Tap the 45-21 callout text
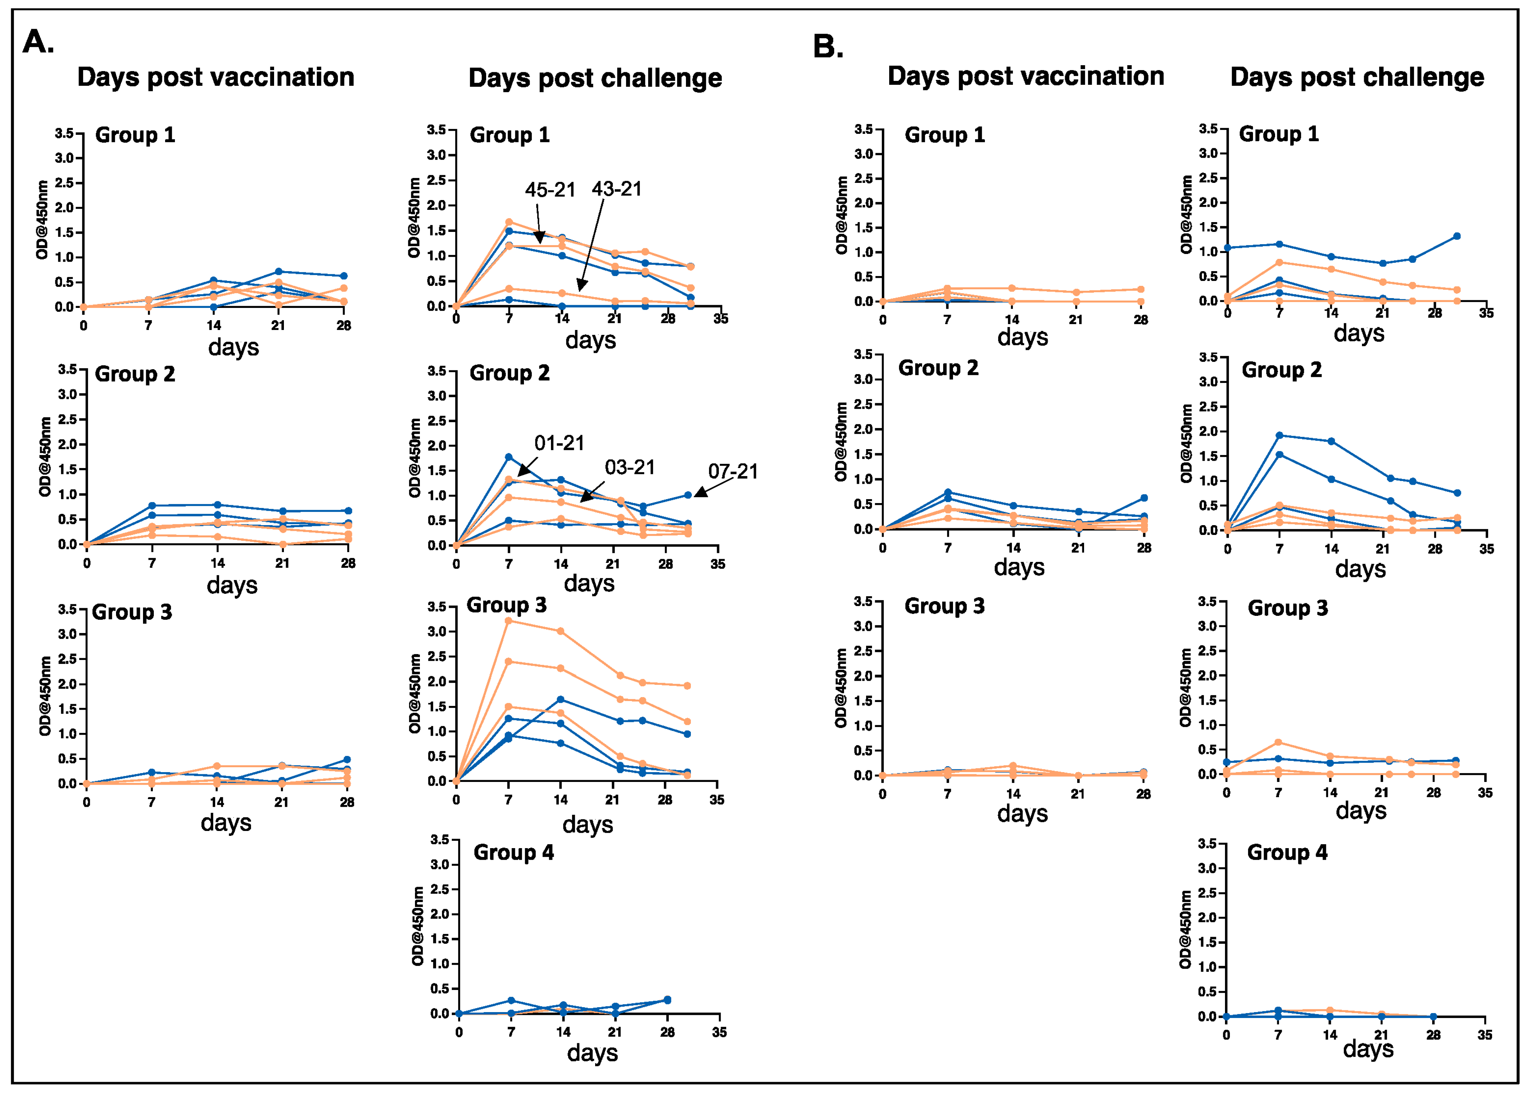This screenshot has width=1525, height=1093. [x=550, y=190]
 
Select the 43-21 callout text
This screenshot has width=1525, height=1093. [x=617, y=189]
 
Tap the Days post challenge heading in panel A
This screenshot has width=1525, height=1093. [x=595, y=78]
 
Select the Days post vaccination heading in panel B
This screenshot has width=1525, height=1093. [x=1026, y=76]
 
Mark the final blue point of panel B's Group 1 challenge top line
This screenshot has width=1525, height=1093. [x=1456, y=236]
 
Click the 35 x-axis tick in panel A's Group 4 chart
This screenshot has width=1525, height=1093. [x=719, y=1032]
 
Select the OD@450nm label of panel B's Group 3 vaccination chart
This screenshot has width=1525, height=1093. [x=841, y=688]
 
